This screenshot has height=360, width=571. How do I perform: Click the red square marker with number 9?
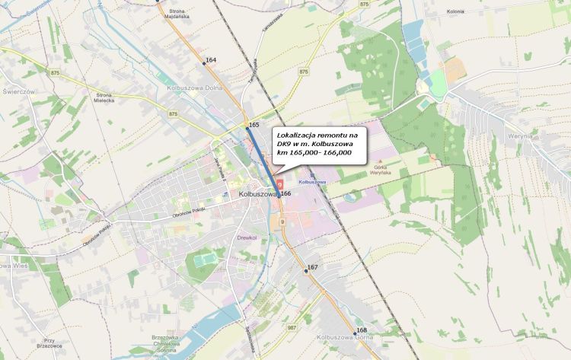[x=279, y=184]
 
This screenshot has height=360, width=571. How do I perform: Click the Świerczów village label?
[x=19, y=91]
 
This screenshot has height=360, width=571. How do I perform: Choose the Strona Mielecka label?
[x=104, y=97]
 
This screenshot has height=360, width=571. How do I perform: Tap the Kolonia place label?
[x=456, y=11]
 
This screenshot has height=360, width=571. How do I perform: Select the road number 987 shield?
[x=292, y=327]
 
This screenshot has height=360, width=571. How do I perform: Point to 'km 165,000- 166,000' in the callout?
[x=314, y=153]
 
